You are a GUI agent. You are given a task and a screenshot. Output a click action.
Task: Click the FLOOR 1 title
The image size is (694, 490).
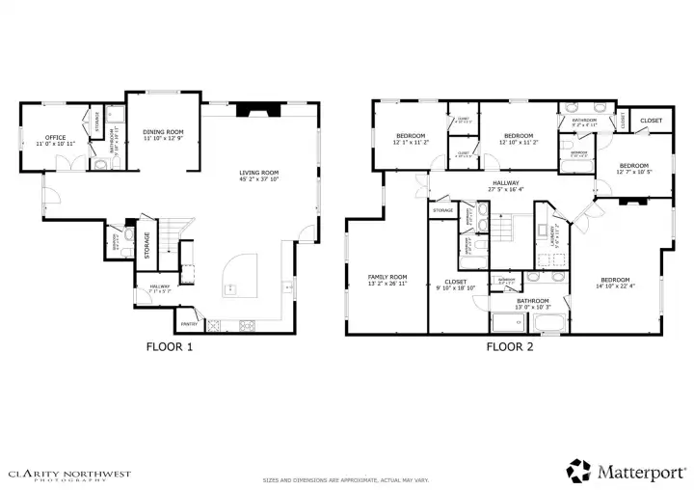(x=169, y=346)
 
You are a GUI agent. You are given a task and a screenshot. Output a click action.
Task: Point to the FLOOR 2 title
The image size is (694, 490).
(x=510, y=346)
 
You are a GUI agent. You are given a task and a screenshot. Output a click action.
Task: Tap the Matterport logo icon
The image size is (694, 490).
(x=578, y=470)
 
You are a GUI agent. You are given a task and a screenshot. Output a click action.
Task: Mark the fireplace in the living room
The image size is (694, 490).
(x=257, y=110)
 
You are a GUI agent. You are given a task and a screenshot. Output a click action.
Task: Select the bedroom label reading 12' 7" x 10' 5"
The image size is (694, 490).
(x=633, y=171)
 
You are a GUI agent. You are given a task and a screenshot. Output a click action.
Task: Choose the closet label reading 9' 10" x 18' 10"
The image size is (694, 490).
(x=456, y=286)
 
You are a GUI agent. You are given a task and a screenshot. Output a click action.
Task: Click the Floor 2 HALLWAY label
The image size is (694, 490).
(x=504, y=185)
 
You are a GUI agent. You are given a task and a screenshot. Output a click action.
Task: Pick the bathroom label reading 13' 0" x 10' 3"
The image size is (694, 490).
(x=532, y=304)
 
